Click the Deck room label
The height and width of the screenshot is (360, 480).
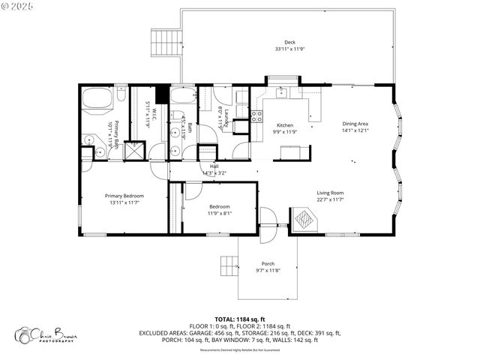coord(289,42)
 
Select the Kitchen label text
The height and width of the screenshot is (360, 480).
coord(284,125)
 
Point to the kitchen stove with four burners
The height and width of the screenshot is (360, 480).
coord(256,116)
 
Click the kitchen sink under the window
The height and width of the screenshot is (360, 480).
coord(283,93)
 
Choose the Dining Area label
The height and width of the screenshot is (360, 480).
coord(355,124)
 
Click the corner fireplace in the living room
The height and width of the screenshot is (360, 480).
coord(304,220)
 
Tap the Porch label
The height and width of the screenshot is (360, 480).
coord(268,264)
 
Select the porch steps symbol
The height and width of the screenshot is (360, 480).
coord(228,266)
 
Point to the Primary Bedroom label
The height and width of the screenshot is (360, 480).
coord(124,196)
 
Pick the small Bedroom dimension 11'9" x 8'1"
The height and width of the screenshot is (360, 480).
coord(220,213)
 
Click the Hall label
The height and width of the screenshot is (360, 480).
coord(214,166)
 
